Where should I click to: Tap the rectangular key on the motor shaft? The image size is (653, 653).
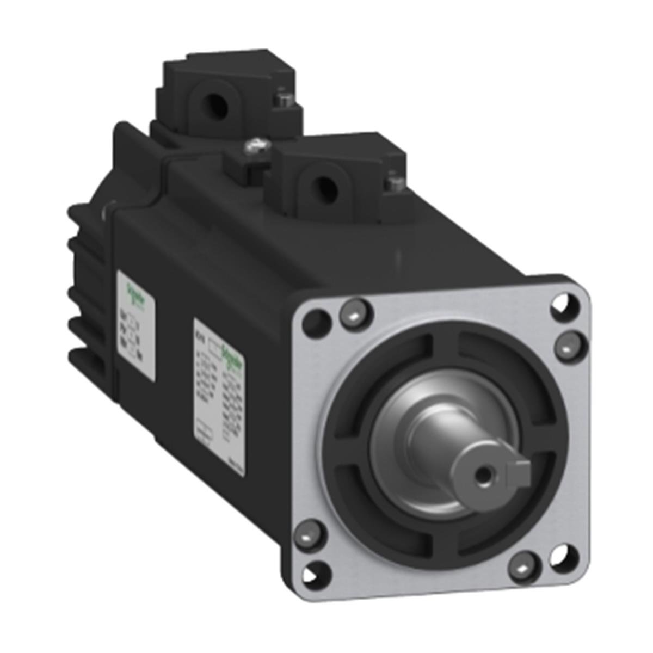pos(521,467)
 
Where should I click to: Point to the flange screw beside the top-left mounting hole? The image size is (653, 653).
pos(350,313)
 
